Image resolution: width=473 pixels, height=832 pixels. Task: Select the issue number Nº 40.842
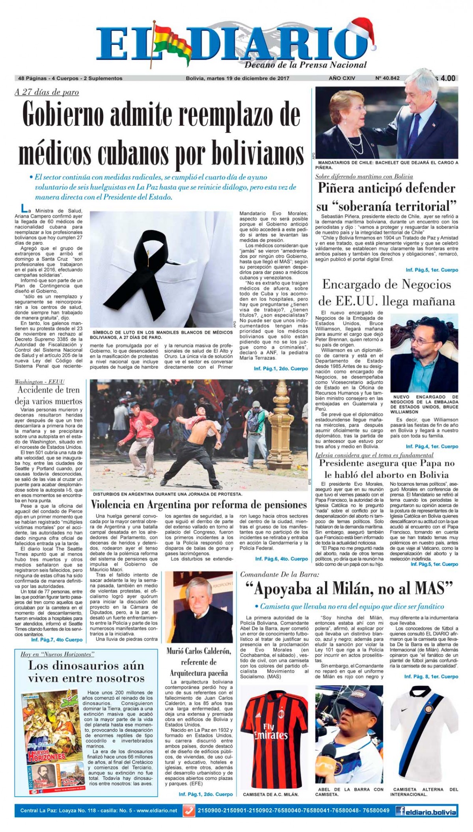(x=387, y=78)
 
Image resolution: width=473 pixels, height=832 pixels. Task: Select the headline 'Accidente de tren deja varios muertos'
(x=48, y=396)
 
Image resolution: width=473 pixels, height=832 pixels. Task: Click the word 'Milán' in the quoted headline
(x=328, y=589)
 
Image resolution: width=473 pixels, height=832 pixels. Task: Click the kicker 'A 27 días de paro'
(x=47, y=92)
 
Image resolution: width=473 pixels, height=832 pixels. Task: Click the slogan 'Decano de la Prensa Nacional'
(x=305, y=65)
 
